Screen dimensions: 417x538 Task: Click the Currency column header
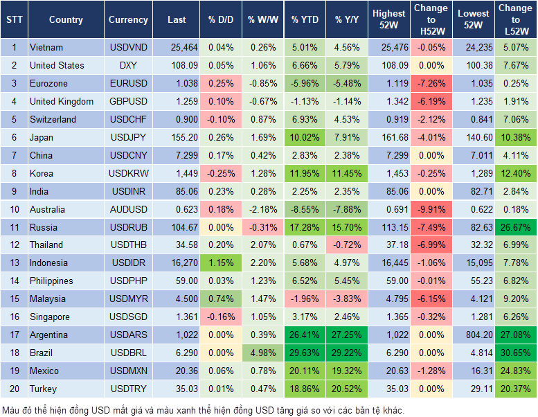click(x=128, y=20)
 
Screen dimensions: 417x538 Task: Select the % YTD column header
click(x=305, y=20)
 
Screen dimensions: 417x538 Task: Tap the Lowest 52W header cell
click(x=473, y=20)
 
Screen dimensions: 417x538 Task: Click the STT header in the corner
click(x=14, y=20)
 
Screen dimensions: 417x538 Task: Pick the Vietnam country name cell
click(x=46, y=48)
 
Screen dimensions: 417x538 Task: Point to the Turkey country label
click(x=44, y=389)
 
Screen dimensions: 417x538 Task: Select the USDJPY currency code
click(x=128, y=137)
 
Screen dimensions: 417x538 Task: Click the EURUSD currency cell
click(x=128, y=83)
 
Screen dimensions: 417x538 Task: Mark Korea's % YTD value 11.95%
click(x=305, y=173)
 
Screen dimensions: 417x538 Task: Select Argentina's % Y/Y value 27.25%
click(x=348, y=335)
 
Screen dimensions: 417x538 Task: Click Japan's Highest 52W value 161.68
click(x=388, y=137)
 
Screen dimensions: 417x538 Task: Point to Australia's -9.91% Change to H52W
click(x=431, y=209)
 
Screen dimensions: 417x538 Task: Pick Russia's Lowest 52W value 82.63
click(x=473, y=227)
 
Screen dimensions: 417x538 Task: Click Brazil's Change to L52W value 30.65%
click(x=516, y=353)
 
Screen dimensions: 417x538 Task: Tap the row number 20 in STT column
click(x=14, y=389)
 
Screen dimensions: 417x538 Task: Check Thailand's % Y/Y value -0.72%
click(x=348, y=245)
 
